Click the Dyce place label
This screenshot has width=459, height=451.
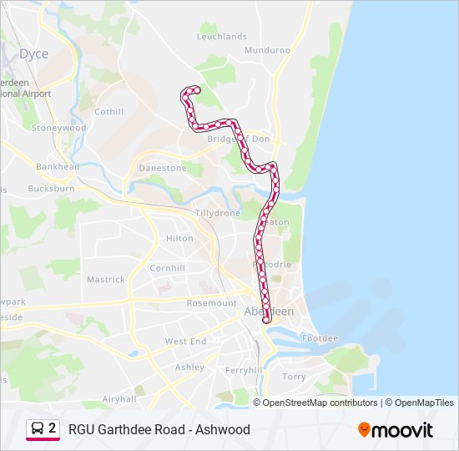[34, 54]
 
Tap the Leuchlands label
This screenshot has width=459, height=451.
[222, 37]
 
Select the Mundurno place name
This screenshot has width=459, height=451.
[267, 50]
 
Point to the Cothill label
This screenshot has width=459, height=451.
[109, 112]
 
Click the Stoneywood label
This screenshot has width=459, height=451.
[58, 128]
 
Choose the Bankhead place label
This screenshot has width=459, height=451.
[58, 166]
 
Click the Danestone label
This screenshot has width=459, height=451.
[163, 168]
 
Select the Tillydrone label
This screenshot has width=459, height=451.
[218, 213]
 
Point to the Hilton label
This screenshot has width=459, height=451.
[179, 238]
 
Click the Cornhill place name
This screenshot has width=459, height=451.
[167, 268]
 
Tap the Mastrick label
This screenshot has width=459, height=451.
[106, 280]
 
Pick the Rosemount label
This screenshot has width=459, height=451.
[213, 303]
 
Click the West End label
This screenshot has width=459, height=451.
[185, 342]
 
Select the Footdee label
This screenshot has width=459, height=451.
[320, 338]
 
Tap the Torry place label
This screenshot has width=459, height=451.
[295, 377]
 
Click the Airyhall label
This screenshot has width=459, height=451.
[119, 400]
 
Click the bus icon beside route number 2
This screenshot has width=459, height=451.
[38, 429]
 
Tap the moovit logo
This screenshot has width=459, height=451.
[396, 429]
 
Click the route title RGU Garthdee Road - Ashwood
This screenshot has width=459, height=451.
[159, 430]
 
